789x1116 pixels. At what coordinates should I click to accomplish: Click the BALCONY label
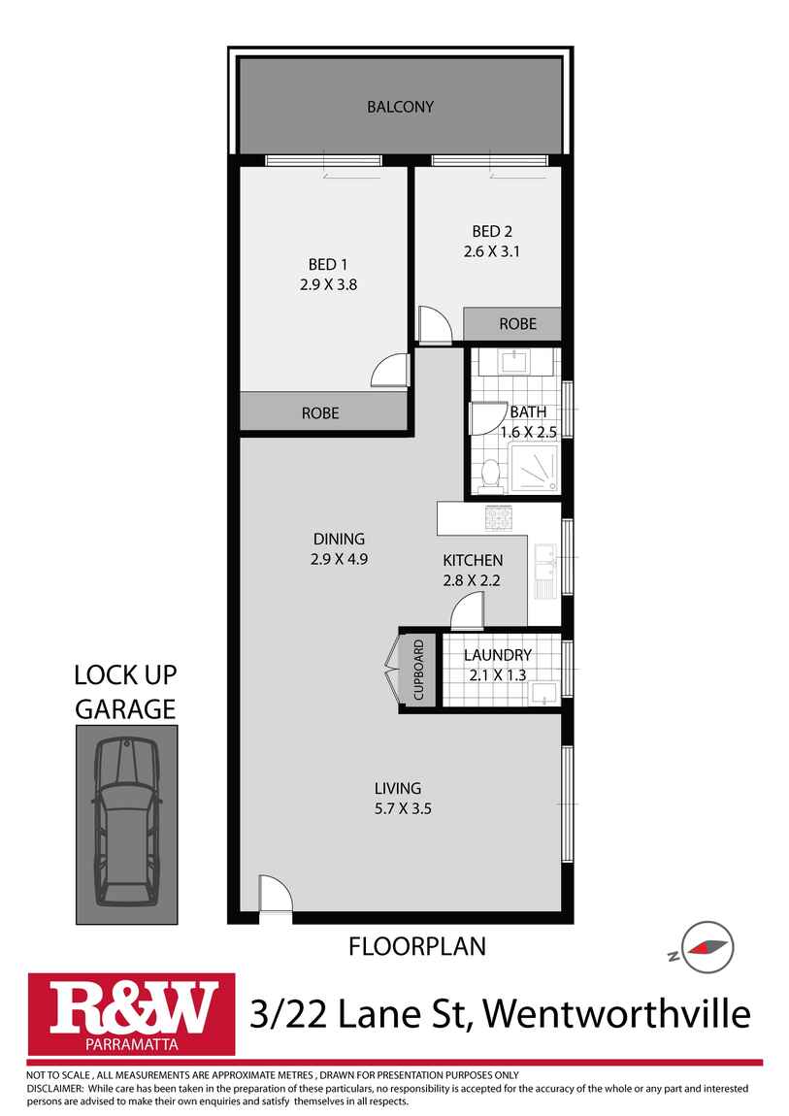point(400,107)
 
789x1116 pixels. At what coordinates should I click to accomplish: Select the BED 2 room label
point(492,231)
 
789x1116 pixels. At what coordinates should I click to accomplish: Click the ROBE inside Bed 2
point(517,324)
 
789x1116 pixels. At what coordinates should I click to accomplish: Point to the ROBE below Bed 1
point(320,412)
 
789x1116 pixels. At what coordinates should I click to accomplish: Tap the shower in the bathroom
point(533,470)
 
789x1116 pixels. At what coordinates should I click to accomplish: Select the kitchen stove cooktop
point(499,519)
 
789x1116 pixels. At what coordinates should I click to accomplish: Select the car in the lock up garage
point(127,820)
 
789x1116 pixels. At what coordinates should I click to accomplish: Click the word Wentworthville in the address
point(616,1014)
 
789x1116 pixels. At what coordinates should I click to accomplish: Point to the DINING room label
point(339,540)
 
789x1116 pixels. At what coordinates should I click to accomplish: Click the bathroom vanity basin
point(513,362)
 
